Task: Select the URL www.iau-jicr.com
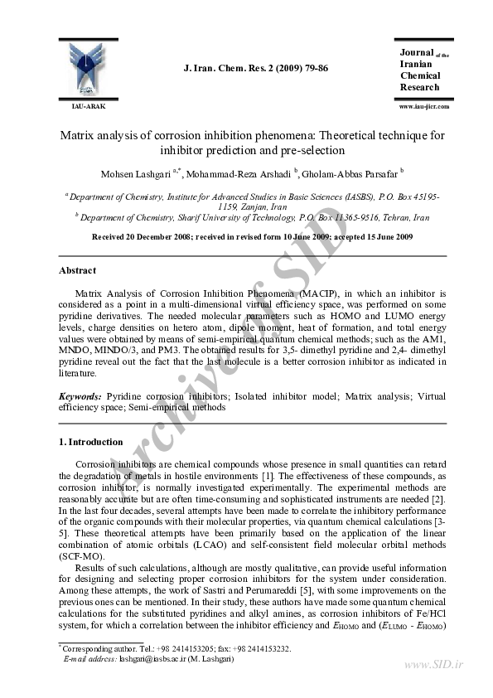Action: pos(423,107)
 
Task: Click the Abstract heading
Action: pos(77,270)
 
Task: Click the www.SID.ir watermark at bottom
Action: pos(433,665)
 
